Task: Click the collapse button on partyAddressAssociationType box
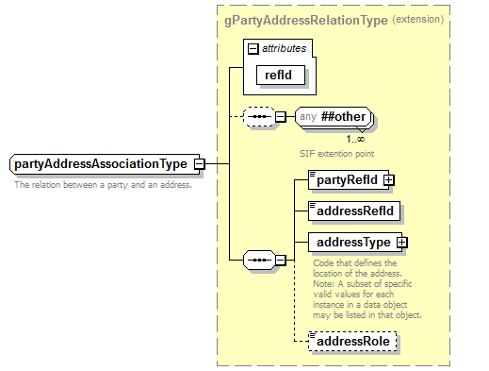(200, 164)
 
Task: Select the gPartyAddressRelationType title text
(318, 20)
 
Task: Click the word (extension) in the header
(419, 20)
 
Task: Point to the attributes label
(284, 48)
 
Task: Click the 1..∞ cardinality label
(356, 138)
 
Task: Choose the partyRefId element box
(344, 179)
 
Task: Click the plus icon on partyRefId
(388, 179)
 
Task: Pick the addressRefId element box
(352, 210)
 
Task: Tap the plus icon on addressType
(402, 243)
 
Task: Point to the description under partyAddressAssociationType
(103, 185)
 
